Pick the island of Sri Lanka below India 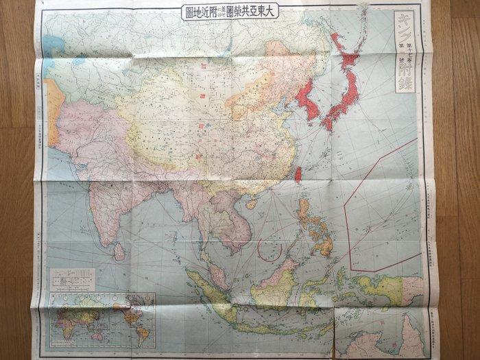pyautogui.click(x=119, y=252)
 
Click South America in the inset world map pyautogui.click(x=141, y=333)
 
